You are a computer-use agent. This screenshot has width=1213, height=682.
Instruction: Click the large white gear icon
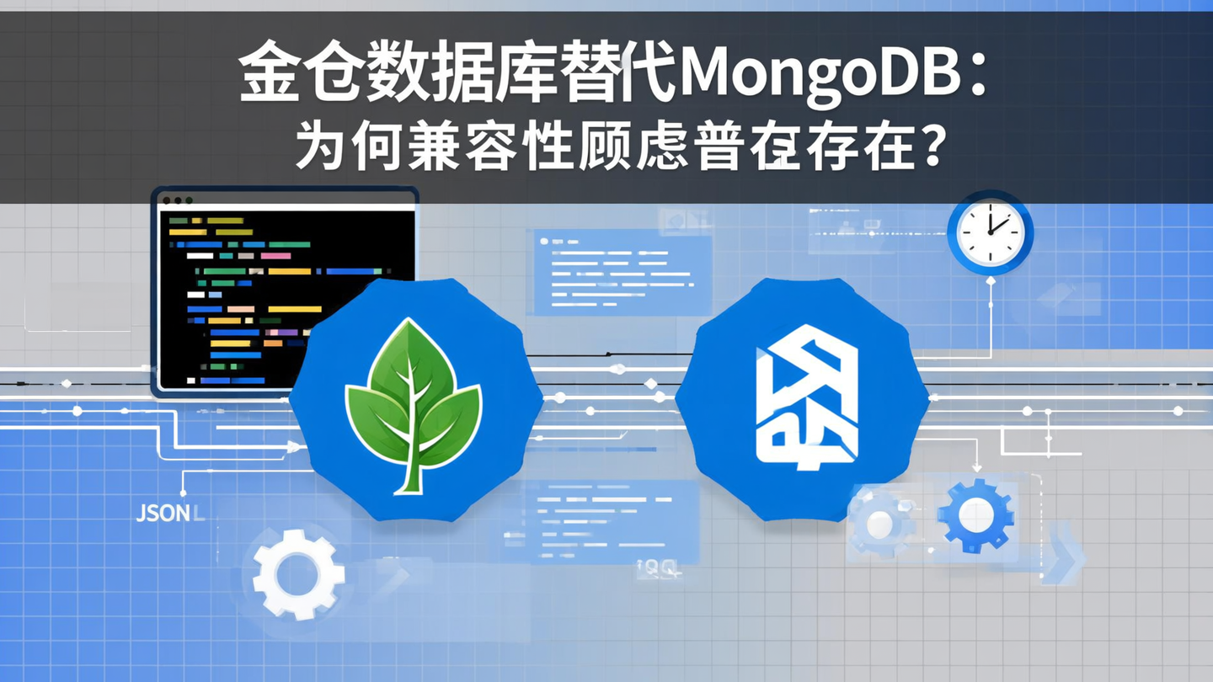click(x=298, y=573)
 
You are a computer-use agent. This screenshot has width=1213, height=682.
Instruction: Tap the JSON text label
click(x=163, y=514)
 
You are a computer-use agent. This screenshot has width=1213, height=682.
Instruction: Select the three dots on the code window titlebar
click(x=177, y=200)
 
